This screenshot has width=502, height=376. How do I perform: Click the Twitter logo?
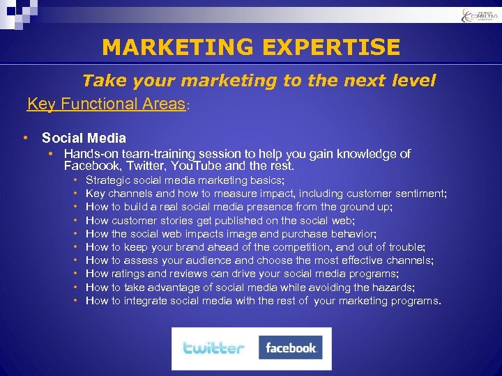tap(213, 347)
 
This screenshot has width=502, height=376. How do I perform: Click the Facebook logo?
tap(290, 347)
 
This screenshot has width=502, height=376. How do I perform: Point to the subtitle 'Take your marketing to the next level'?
tap(259, 81)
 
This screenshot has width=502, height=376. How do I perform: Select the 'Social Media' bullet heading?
tap(84, 138)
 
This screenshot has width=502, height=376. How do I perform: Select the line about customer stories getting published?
tap(220, 220)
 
